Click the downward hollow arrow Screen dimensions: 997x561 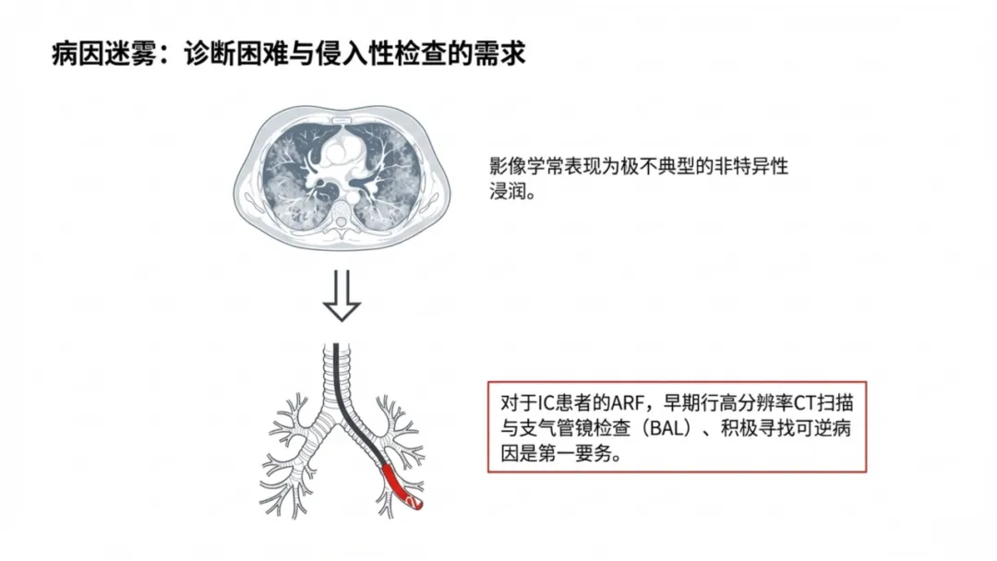point(342,298)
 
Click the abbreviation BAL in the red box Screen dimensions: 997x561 point(661,431)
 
